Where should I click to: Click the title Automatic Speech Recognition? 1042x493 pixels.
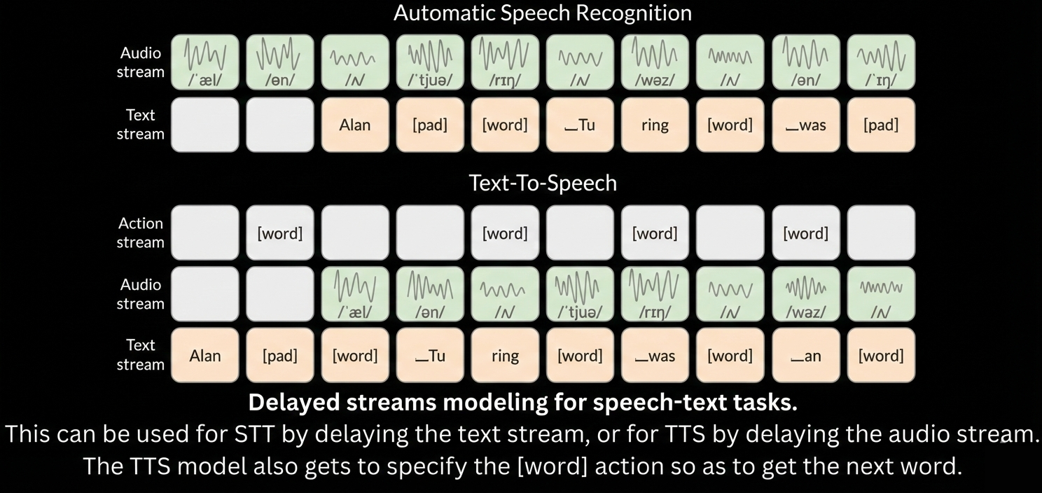point(543,13)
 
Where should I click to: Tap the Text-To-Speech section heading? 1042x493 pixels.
point(543,183)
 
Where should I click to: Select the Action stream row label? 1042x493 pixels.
point(141,232)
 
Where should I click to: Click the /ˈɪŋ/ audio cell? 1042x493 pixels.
point(881,62)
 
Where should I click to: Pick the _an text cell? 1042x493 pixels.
point(806,355)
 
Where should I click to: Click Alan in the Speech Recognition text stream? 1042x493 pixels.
point(355,125)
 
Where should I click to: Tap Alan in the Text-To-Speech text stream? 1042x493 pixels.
point(204,355)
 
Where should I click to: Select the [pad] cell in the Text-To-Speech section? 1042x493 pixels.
point(280,355)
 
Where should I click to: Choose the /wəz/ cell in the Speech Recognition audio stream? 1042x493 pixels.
point(655,62)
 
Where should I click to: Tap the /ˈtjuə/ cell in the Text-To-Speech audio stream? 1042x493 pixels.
point(580,294)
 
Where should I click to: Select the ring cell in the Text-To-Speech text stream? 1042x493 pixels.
point(505,355)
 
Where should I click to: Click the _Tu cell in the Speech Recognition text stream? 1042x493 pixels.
point(580,125)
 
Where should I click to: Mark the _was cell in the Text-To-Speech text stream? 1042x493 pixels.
point(655,355)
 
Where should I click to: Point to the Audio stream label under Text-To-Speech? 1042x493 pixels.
point(141,294)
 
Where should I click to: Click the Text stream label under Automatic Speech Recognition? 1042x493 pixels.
point(141,124)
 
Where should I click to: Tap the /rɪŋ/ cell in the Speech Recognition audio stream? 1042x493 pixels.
point(505,62)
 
